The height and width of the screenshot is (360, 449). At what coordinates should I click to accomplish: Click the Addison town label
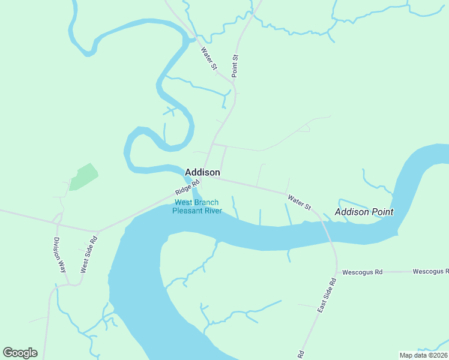pos(202,172)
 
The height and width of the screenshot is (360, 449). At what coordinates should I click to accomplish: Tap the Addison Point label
pos(364,212)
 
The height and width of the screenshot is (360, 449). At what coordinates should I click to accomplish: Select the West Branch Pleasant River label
pos(197,206)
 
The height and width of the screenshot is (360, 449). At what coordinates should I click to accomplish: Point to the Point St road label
pos(235,65)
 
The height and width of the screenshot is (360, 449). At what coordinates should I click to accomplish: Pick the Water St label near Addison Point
pos(299,202)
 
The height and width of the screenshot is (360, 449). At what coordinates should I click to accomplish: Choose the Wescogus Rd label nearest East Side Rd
pos(362,272)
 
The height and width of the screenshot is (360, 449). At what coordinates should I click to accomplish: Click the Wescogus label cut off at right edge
pos(430,272)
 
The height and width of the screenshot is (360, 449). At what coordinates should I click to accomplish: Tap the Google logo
pos(20,353)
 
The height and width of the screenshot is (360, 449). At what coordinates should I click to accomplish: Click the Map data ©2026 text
pos(424,355)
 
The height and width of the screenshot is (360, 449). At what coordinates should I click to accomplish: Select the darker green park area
pos(82,177)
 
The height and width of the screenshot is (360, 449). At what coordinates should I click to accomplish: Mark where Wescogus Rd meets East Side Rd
pos(337,272)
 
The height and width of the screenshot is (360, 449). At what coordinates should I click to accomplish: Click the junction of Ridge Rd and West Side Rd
pos(98,231)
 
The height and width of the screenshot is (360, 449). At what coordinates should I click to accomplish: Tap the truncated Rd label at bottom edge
pos(301,354)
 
